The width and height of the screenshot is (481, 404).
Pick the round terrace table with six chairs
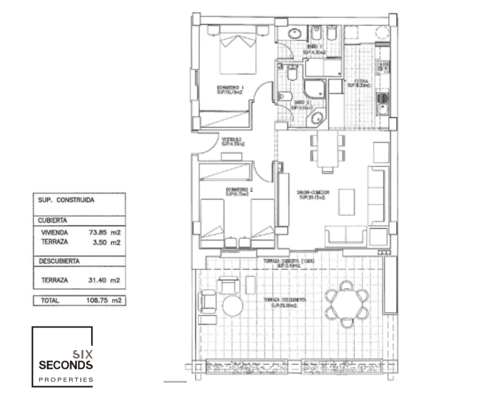347,305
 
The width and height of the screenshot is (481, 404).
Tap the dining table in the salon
327,149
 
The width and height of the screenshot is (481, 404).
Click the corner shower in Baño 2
313,91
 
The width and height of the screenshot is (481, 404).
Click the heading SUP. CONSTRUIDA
66,201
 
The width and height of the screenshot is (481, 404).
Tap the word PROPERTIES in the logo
66,380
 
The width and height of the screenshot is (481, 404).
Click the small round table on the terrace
233,306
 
